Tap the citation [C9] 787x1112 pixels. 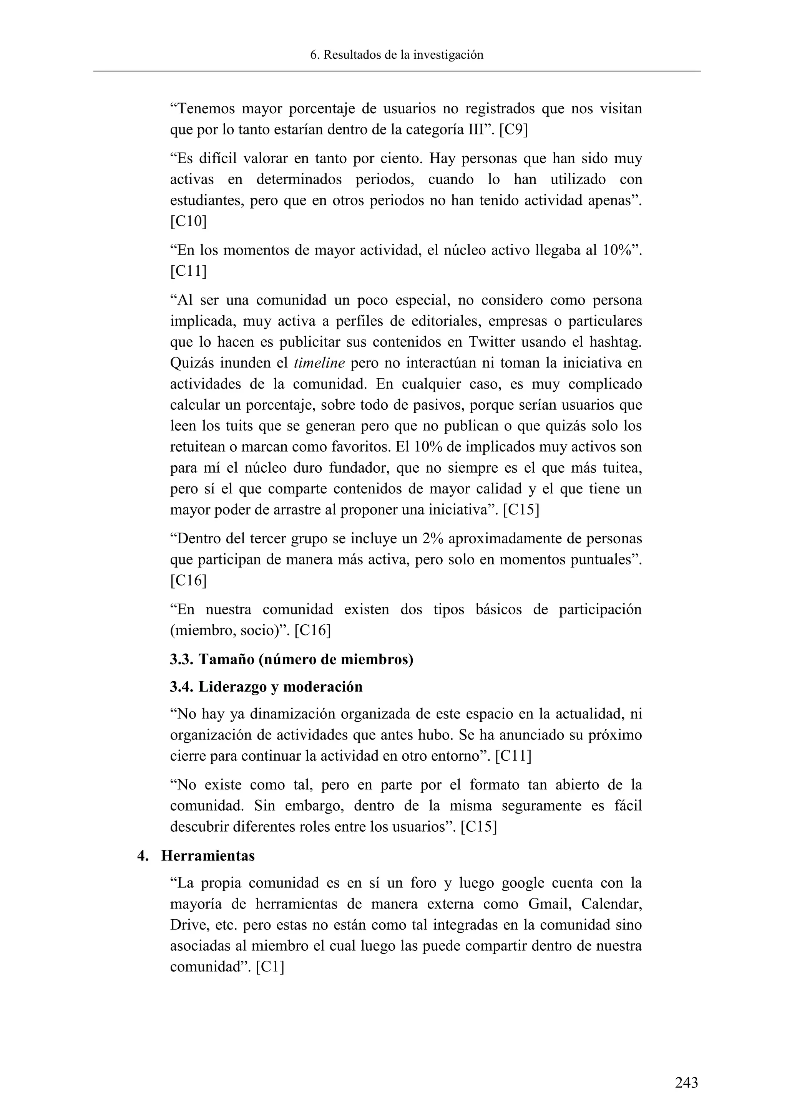click(x=513, y=130)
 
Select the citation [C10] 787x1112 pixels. click(x=188, y=221)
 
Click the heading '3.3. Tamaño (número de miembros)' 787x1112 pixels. click(x=291, y=660)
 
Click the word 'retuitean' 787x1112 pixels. click(x=200, y=447)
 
